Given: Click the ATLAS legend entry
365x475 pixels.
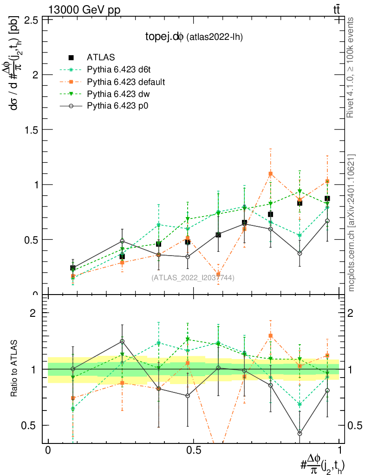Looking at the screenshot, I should pyautogui.click(x=100, y=58).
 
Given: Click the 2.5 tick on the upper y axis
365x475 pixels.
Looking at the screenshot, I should pyautogui.click(x=31, y=19).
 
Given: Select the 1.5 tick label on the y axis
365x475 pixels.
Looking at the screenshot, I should pyautogui.click(x=31, y=129).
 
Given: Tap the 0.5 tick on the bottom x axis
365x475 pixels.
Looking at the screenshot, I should pyautogui.click(x=193, y=450).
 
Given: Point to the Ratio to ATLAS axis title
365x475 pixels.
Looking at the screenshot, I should pyautogui.click(x=16, y=369).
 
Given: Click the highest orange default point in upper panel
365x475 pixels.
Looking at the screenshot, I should pyautogui.click(x=270, y=174).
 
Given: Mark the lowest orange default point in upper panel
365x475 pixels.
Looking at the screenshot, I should pyautogui.click(x=218, y=274).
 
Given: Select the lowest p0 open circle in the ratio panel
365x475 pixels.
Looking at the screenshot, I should pyautogui.click(x=300, y=433).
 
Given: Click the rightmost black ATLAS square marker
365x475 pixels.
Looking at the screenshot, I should pyautogui.click(x=327, y=199).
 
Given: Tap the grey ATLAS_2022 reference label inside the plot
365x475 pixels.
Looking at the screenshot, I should pyautogui.click(x=192, y=278).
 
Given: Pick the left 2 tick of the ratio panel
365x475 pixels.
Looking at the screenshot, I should pyautogui.click(x=33, y=313).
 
